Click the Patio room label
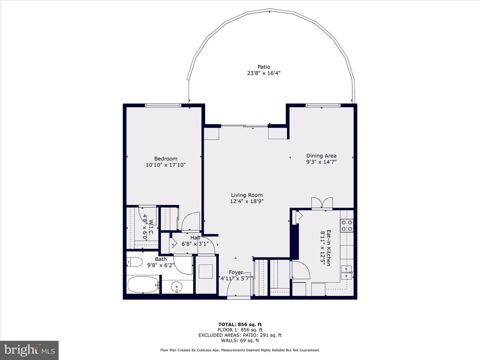tap(264, 67)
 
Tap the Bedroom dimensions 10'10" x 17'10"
tap(166, 165)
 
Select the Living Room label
tap(247, 195)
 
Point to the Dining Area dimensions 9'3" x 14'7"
tap(321, 162)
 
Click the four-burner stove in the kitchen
tap(347, 226)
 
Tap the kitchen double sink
tap(347, 272)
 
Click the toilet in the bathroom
tap(134, 262)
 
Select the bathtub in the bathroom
tap(143, 285)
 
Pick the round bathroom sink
tap(177, 286)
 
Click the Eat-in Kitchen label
tap(328, 248)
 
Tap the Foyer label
tap(236, 272)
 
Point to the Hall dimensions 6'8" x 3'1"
tap(195, 244)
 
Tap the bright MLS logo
tap(29, 350)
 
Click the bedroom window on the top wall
tap(163, 105)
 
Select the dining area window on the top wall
tap(323, 105)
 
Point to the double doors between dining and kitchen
tap(322, 203)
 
